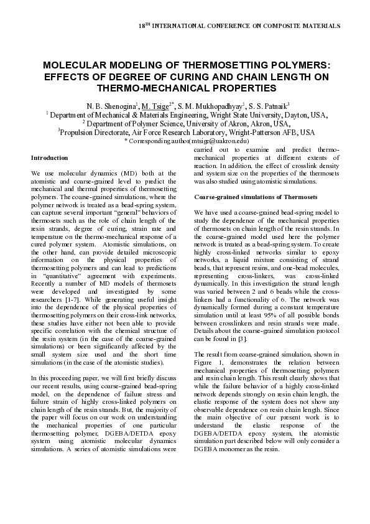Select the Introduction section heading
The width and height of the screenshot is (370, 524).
(x=49, y=158)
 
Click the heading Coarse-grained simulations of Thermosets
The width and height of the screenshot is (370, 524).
(x=256, y=197)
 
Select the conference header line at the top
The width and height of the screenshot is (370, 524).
(x=238, y=27)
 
